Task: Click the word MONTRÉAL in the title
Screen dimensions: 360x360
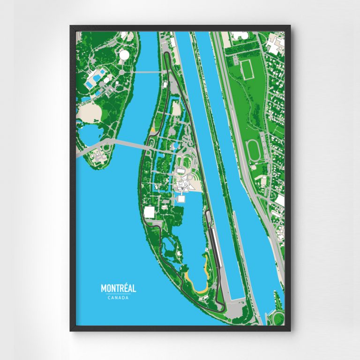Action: (118, 288)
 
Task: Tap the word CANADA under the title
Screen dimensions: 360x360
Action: (118, 297)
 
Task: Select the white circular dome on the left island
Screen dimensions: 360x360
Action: (124, 56)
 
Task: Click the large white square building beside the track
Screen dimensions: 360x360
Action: (149, 212)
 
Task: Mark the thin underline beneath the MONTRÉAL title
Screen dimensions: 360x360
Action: (118, 294)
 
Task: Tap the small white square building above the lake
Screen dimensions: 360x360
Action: (181, 200)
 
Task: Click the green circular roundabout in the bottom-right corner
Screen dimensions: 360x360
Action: (278, 318)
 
